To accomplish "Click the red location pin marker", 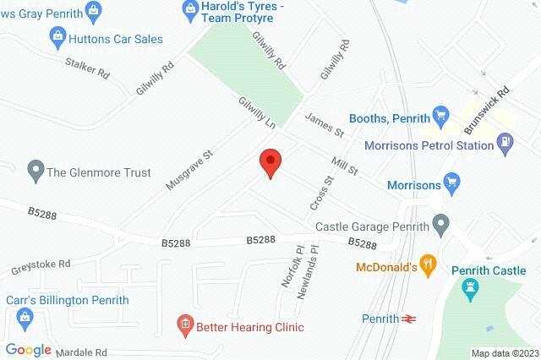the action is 270,161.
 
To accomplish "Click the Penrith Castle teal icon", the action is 470,290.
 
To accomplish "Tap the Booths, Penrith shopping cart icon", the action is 440,116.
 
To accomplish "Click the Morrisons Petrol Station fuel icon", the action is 505,145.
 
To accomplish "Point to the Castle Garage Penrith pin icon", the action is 440,225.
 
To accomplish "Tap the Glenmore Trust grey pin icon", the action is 35,172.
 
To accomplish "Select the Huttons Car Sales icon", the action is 57,36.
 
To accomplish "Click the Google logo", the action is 29,349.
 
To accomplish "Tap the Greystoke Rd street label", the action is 41,268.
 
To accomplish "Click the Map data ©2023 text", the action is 504,353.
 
